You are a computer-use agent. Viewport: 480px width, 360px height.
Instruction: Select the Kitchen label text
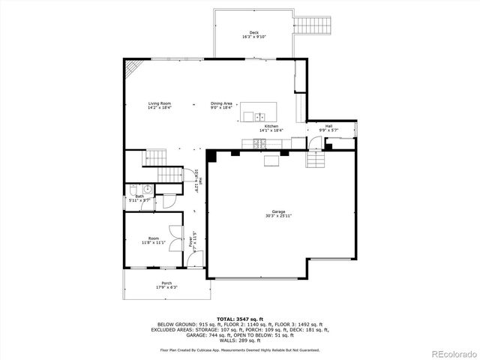pyautogui.click(x=271, y=126)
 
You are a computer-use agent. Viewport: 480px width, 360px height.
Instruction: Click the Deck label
pyautogui.click(x=254, y=32)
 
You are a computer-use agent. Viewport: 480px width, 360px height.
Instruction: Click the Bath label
pyautogui.click(x=139, y=196)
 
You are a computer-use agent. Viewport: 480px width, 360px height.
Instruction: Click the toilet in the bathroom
pyautogui.click(x=133, y=188)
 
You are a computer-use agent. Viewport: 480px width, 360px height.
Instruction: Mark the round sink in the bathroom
pyautogui.click(x=148, y=188)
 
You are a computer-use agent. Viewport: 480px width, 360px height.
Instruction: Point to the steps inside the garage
pyautogui.click(x=315, y=158)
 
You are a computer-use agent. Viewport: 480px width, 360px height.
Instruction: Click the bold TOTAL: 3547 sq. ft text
pyautogui.click(x=239, y=319)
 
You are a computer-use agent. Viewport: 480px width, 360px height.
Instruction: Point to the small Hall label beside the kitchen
pyautogui.click(x=328, y=126)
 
